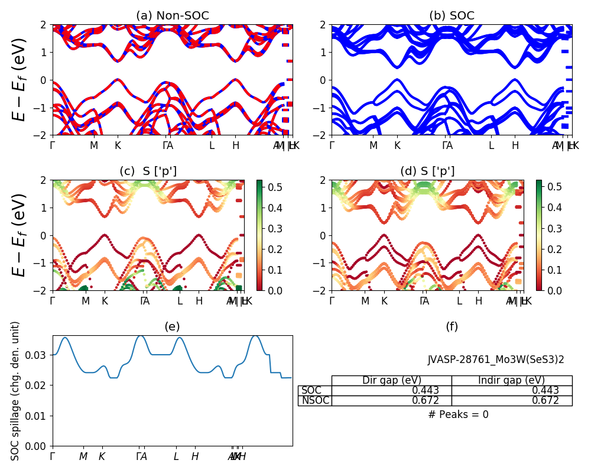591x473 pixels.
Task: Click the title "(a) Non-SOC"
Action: (173, 16)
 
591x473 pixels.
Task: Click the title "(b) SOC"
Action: (452, 16)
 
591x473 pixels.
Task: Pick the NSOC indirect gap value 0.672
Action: (546, 401)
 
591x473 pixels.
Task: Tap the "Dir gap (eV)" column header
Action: (392, 381)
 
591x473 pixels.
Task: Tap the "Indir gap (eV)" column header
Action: (512, 381)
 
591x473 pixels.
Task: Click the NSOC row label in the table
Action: (314, 401)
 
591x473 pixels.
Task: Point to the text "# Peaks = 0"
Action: (458, 414)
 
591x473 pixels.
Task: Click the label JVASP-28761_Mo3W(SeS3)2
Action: (496, 359)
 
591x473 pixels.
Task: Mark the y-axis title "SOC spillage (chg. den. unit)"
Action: (16, 391)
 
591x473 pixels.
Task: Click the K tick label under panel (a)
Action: (118, 145)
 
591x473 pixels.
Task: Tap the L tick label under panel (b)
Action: (491, 145)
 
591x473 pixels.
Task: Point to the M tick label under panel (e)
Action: (83, 456)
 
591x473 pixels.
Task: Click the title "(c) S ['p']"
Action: (148, 171)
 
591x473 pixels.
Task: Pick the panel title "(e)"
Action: (173, 326)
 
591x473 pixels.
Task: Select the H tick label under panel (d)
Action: (479, 301)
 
